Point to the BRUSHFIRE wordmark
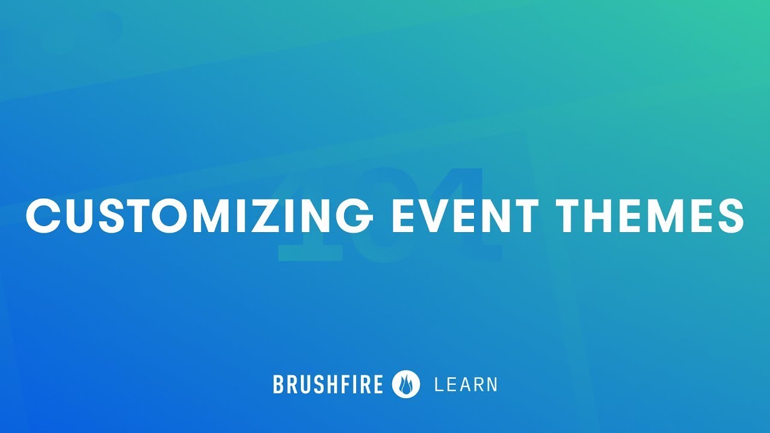click(328, 384)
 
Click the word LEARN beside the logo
click(466, 384)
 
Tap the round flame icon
click(406, 384)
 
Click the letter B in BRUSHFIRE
click(278, 384)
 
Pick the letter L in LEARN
click(438, 384)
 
